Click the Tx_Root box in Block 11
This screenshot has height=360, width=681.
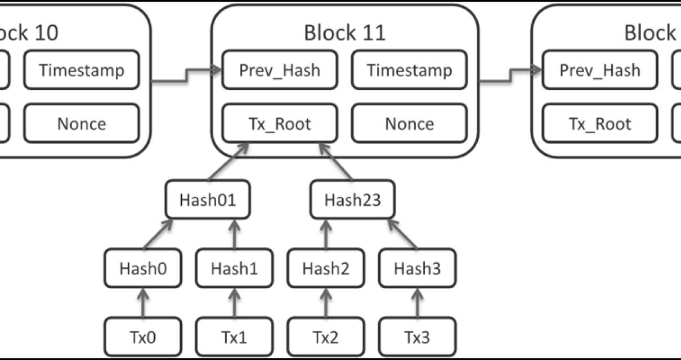pos(280,123)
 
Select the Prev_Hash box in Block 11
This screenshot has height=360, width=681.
pos(280,70)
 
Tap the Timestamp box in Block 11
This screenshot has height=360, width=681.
pos(409,70)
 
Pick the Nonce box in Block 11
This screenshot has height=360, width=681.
pos(409,123)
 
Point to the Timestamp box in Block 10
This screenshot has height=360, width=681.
pos(82,70)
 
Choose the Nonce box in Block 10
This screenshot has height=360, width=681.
pos(82,123)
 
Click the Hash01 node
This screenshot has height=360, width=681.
pos(207,200)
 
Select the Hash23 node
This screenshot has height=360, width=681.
pos(353,200)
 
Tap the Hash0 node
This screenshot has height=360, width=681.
pos(143,268)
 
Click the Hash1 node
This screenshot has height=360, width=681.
pos(234,268)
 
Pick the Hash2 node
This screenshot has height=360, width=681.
pos(326,268)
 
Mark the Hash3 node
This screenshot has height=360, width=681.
pos(417,268)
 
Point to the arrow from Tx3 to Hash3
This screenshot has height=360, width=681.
pos(417,303)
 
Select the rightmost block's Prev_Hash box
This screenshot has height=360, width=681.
pos(600,70)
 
